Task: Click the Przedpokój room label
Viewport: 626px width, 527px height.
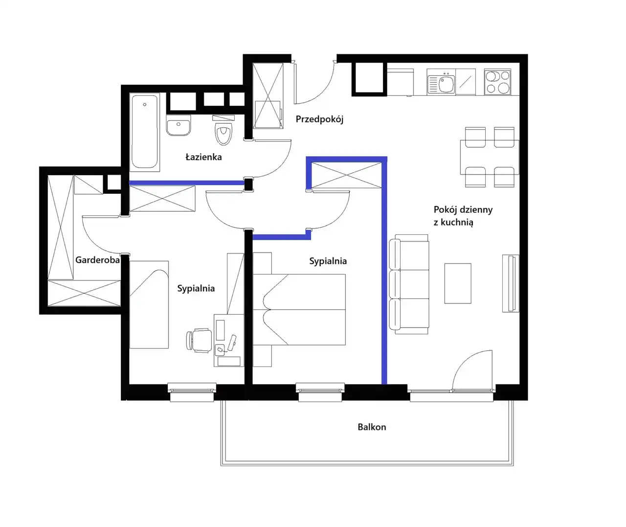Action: point(319,119)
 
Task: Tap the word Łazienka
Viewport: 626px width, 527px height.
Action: point(203,157)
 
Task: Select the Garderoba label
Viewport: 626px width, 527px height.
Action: point(97,260)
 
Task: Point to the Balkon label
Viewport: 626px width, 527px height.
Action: point(372,427)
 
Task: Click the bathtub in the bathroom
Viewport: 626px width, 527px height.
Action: point(144,132)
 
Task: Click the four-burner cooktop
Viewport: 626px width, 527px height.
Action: point(497,82)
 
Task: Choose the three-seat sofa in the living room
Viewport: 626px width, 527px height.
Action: point(409,284)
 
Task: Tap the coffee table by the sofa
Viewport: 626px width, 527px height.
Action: point(458,283)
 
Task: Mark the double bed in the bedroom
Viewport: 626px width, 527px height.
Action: point(299,310)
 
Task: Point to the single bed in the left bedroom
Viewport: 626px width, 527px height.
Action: point(149,304)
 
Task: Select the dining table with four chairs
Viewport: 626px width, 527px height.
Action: point(490,157)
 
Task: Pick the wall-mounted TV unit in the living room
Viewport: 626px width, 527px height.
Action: point(511,283)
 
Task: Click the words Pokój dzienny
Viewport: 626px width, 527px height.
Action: point(463,210)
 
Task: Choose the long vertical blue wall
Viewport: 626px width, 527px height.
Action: point(384,270)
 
